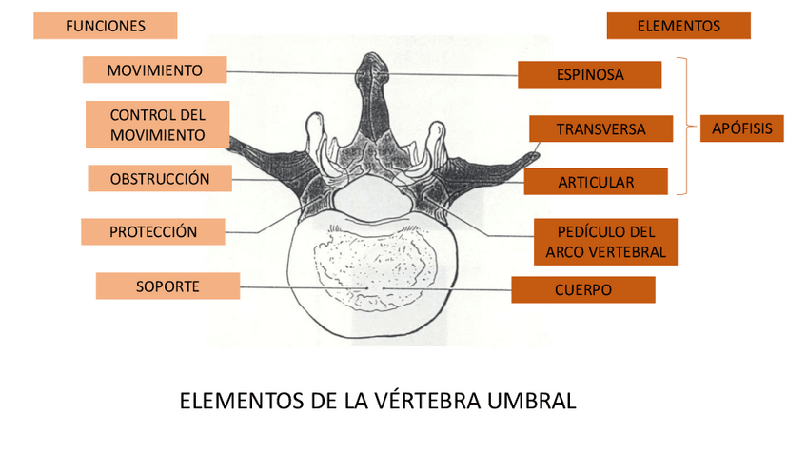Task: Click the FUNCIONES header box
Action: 105,26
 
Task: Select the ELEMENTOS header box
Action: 678,26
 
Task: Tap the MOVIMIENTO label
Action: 154,69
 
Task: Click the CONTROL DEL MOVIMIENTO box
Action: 157,125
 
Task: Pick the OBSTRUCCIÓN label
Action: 159,179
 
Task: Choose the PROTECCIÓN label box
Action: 152,231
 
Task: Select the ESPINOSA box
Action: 589,74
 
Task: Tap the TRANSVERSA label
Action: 600,128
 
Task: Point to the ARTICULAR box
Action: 595,181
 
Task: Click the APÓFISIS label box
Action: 741,128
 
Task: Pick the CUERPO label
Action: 582,289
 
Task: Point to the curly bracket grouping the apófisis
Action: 684,127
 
